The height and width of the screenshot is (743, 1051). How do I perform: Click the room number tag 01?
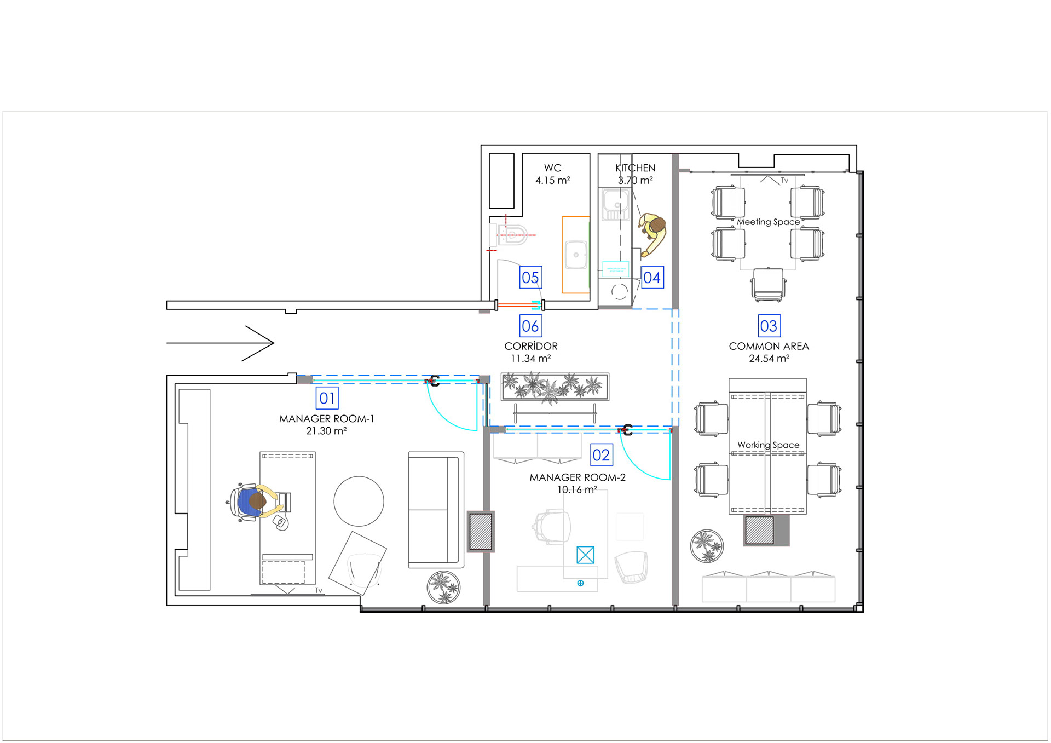click(x=327, y=398)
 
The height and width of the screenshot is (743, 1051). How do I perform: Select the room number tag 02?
click(x=601, y=455)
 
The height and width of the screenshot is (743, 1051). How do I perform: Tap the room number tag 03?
click(x=769, y=326)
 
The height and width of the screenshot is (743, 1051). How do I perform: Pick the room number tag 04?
click(x=652, y=278)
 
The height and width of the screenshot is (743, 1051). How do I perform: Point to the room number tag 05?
click(x=530, y=278)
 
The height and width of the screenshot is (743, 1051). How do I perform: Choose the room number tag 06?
click(x=530, y=326)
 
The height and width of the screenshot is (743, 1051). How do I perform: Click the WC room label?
click(x=552, y=168)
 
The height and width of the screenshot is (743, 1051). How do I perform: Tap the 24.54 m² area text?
click(x=769, y=359)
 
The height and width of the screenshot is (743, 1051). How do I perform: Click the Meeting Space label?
click(x=768, y=222)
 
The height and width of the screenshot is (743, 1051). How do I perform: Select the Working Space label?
click(x=768, y=445)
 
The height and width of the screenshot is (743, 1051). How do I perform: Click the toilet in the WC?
click(x=509, y=235)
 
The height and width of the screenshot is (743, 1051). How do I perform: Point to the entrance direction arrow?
click(x=220, y=343)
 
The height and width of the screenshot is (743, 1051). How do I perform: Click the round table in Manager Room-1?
click(x=359, y=501)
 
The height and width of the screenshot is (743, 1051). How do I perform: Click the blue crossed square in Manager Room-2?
click(x=585, y=555)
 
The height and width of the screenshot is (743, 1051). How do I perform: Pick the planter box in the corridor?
click(x=555, y=387)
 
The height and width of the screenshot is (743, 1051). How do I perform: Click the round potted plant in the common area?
click(x=707, y=546)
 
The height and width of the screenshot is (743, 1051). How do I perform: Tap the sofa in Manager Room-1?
click(x=436, y=510)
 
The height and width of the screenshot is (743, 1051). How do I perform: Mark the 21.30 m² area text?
click(x=326, y=431)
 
